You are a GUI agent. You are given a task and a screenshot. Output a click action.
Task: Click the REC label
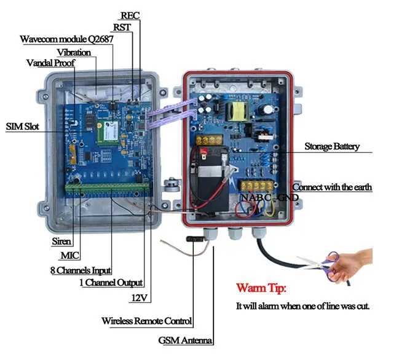coord(130,15)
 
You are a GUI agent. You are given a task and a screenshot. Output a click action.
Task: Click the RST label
coord(121,28)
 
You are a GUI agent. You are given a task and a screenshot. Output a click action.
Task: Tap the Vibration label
coord(74,52)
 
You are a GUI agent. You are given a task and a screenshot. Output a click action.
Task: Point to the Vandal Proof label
coord(51,63)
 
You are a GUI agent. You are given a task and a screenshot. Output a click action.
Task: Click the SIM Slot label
coord(23,127)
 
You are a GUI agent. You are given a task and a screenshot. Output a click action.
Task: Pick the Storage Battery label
coord(332,147)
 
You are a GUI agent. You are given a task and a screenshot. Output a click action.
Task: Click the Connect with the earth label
coord(332,187)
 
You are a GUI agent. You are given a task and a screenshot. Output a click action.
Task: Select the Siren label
coord(62,242)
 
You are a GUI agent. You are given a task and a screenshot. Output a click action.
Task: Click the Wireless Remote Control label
coord(147,321)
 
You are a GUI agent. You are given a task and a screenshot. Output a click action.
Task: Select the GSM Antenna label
coord(186,340)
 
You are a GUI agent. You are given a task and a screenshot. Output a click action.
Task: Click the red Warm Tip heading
coord(261,288)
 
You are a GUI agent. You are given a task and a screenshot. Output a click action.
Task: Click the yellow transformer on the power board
coord(237,111)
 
